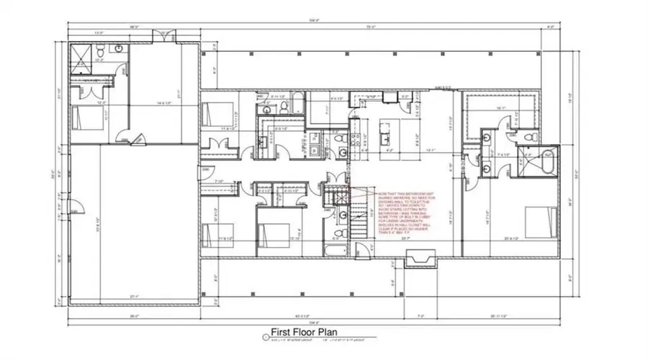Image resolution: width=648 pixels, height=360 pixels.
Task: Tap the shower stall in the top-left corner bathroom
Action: coord(81,50)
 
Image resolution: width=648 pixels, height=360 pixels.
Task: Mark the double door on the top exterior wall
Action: coord(165,34)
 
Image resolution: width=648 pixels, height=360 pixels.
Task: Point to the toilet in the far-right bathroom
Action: coord(528,136)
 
